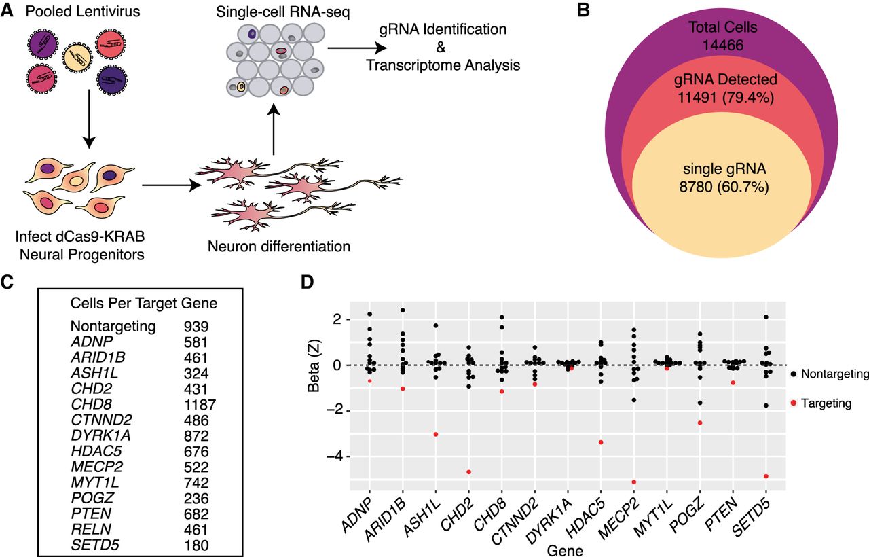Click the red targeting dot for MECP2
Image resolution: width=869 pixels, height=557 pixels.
tap(633, 482)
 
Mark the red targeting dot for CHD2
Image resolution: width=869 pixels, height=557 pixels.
tap(468, 472)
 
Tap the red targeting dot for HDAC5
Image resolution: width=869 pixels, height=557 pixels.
tap(601, 442)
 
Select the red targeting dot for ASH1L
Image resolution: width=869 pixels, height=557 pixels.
tap(435, 434)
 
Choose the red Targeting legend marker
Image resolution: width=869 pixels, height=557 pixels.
tap(793, 403)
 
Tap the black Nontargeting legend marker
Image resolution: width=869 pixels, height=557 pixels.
tap(793, 373)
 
